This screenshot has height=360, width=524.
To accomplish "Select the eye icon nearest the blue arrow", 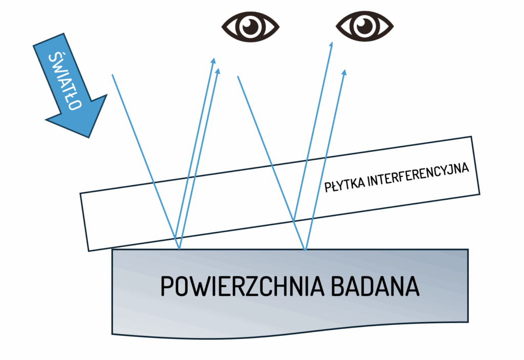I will pos(250,26).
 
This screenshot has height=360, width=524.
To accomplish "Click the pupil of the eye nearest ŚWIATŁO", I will pos(250,26).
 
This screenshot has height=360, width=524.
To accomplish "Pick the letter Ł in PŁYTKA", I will pos(333,187).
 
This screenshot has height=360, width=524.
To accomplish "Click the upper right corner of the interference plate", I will pos(470,137).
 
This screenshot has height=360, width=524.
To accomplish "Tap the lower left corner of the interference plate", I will pos(90,251).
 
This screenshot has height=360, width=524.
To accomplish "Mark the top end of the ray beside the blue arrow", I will pos(112,75).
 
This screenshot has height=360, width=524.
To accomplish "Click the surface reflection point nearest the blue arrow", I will pos(179,250).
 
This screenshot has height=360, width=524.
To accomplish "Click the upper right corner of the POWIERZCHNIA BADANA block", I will pos(468,250).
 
